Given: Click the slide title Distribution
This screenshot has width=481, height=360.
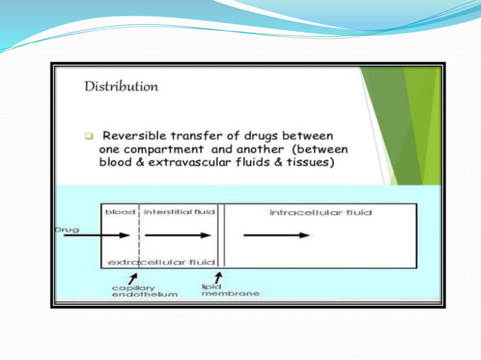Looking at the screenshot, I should click(x=121, y=86).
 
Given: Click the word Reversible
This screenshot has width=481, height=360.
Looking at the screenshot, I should click(x=137, y=136).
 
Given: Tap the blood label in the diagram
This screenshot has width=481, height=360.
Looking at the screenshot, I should click(x=119, y=212).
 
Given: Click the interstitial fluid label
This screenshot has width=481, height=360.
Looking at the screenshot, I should click(x=179, y=212).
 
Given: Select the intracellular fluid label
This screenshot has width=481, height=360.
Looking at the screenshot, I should click(x=320, y=213).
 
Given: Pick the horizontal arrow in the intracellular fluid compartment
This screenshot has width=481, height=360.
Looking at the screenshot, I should click(x=277, y=235).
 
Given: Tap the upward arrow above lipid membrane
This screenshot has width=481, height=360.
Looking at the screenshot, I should click(x=218, y=276).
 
